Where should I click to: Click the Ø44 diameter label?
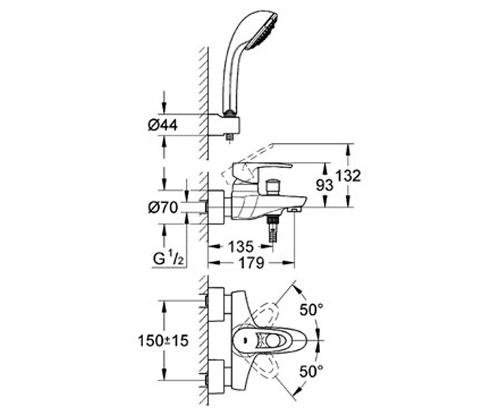pyautogui.click(x=163, y=125)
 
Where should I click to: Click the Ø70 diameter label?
pyautogui.click(x=163, y=208)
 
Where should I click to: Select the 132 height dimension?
pyautogui.click(x=348, y=176)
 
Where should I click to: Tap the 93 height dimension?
pyautogui.click(x=325, y=186)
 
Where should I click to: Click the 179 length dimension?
pyautogui.click(x=251, y=263)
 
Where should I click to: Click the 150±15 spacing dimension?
pyautogui.click(x=163, y=341)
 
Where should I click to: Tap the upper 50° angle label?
pyautogui.click(x=311, y=309)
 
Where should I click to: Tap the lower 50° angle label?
pyautogui.click(x=311, y=372)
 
